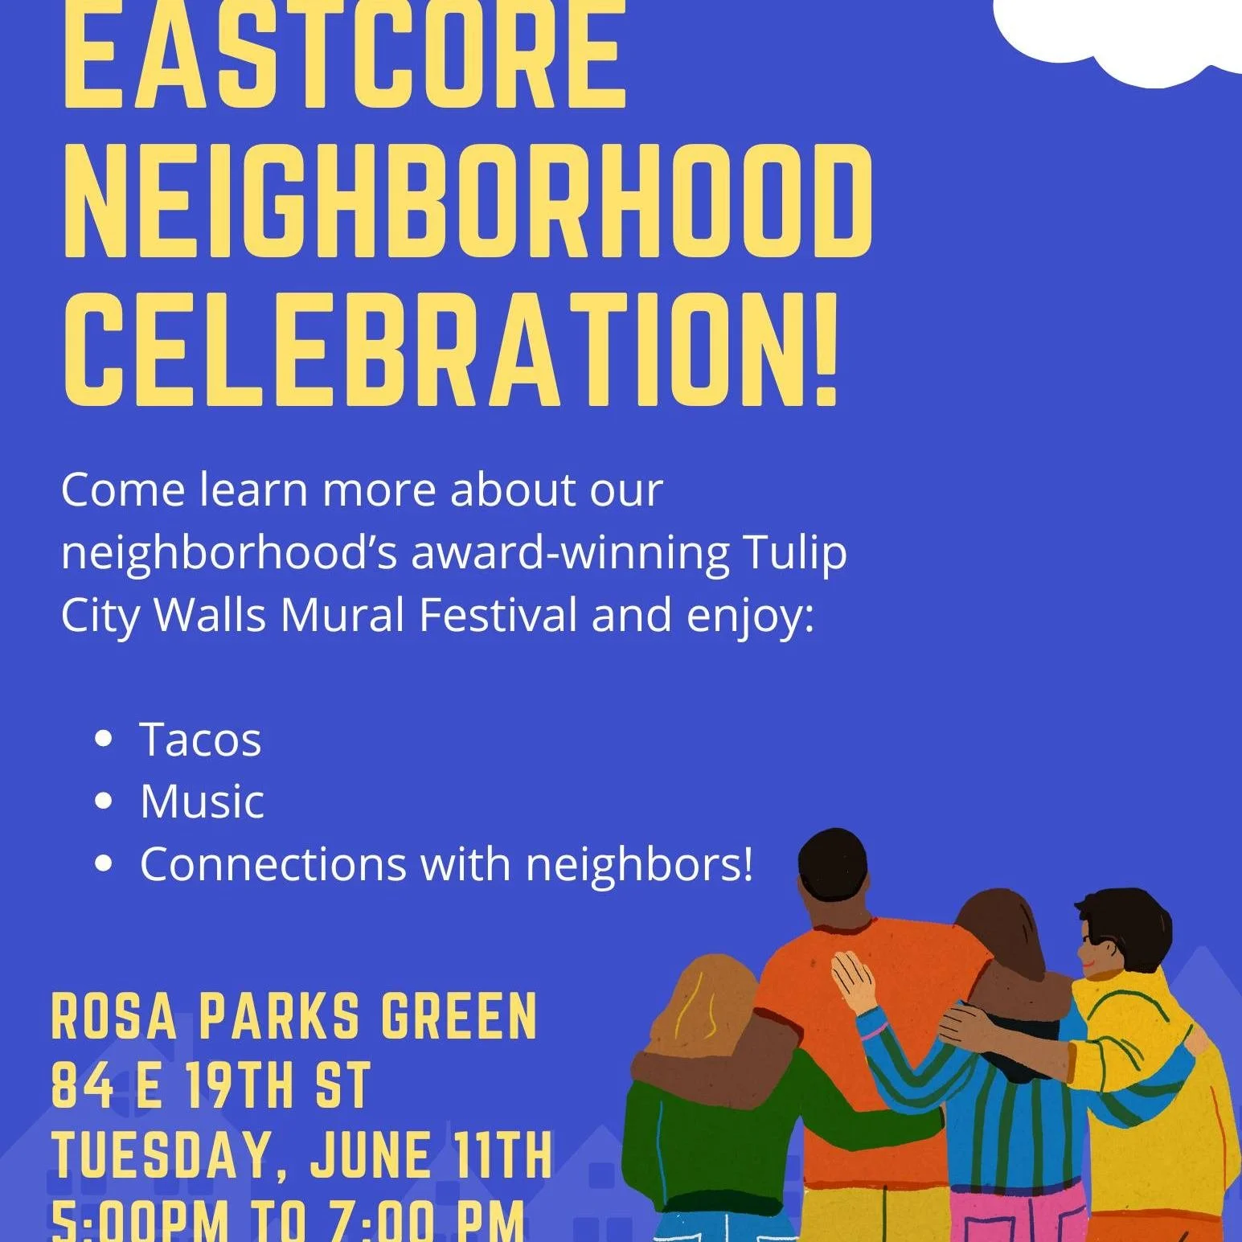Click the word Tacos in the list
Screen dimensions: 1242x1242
click(x=200, y=740)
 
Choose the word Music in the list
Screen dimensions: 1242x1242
click(x=202, y=801)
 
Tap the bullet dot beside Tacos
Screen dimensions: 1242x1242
click(x=103, y=740)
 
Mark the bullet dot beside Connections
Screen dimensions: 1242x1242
click(x=103, y=864)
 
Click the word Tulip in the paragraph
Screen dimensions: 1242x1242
click(x=795, y=553)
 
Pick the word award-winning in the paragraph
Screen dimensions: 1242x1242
click(x=570, y=553)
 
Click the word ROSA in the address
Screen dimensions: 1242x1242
click(x=113, y=1017)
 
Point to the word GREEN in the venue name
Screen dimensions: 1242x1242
click(x=458, y=1017)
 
